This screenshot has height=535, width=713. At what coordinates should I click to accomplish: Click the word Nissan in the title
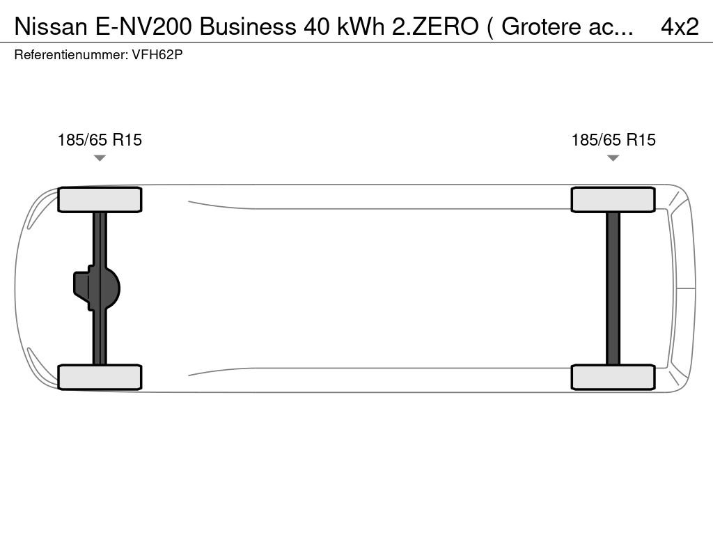pos(51,26)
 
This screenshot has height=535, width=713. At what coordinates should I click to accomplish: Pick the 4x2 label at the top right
pos(680,26)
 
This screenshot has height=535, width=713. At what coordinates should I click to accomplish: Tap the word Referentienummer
pos(70,54)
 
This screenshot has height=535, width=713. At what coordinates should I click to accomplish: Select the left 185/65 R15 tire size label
pos(100,140)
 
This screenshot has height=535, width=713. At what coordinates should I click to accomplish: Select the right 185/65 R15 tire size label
pos(613,140)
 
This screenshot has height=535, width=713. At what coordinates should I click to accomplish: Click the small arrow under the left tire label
pos(100,158)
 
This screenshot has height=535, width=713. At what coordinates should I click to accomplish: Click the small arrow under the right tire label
pos(613,158)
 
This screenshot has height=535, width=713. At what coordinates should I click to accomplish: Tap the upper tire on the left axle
pos(100,200)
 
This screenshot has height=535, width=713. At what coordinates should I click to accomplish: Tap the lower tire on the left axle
pos(100,377)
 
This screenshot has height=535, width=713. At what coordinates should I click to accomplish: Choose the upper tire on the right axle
pos(613,200)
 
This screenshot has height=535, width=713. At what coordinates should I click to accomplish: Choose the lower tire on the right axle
pos(613,377)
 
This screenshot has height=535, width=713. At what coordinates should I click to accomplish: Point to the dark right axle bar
pos(613,288)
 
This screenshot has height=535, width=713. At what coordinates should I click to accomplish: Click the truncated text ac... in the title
pos(613,26)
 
